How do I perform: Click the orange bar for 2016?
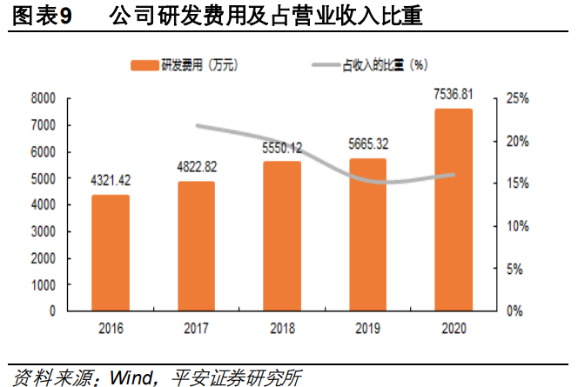click(x=111, y=252)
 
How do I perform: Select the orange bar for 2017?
click(x=196, y=245)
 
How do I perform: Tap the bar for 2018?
click(x=282, y=236)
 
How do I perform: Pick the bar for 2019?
click(x=367, y=234)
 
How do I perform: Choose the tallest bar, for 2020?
click(x=454, y=210)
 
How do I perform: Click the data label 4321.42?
click(x=111, y=181)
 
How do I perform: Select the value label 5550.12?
click(x=282, y=148)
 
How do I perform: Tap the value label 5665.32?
click(x=367, y=144)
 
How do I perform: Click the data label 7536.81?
click(x=454, y=94)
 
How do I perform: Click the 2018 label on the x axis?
click(x=282, y=328)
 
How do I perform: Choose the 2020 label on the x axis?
click(x=454, y=328)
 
